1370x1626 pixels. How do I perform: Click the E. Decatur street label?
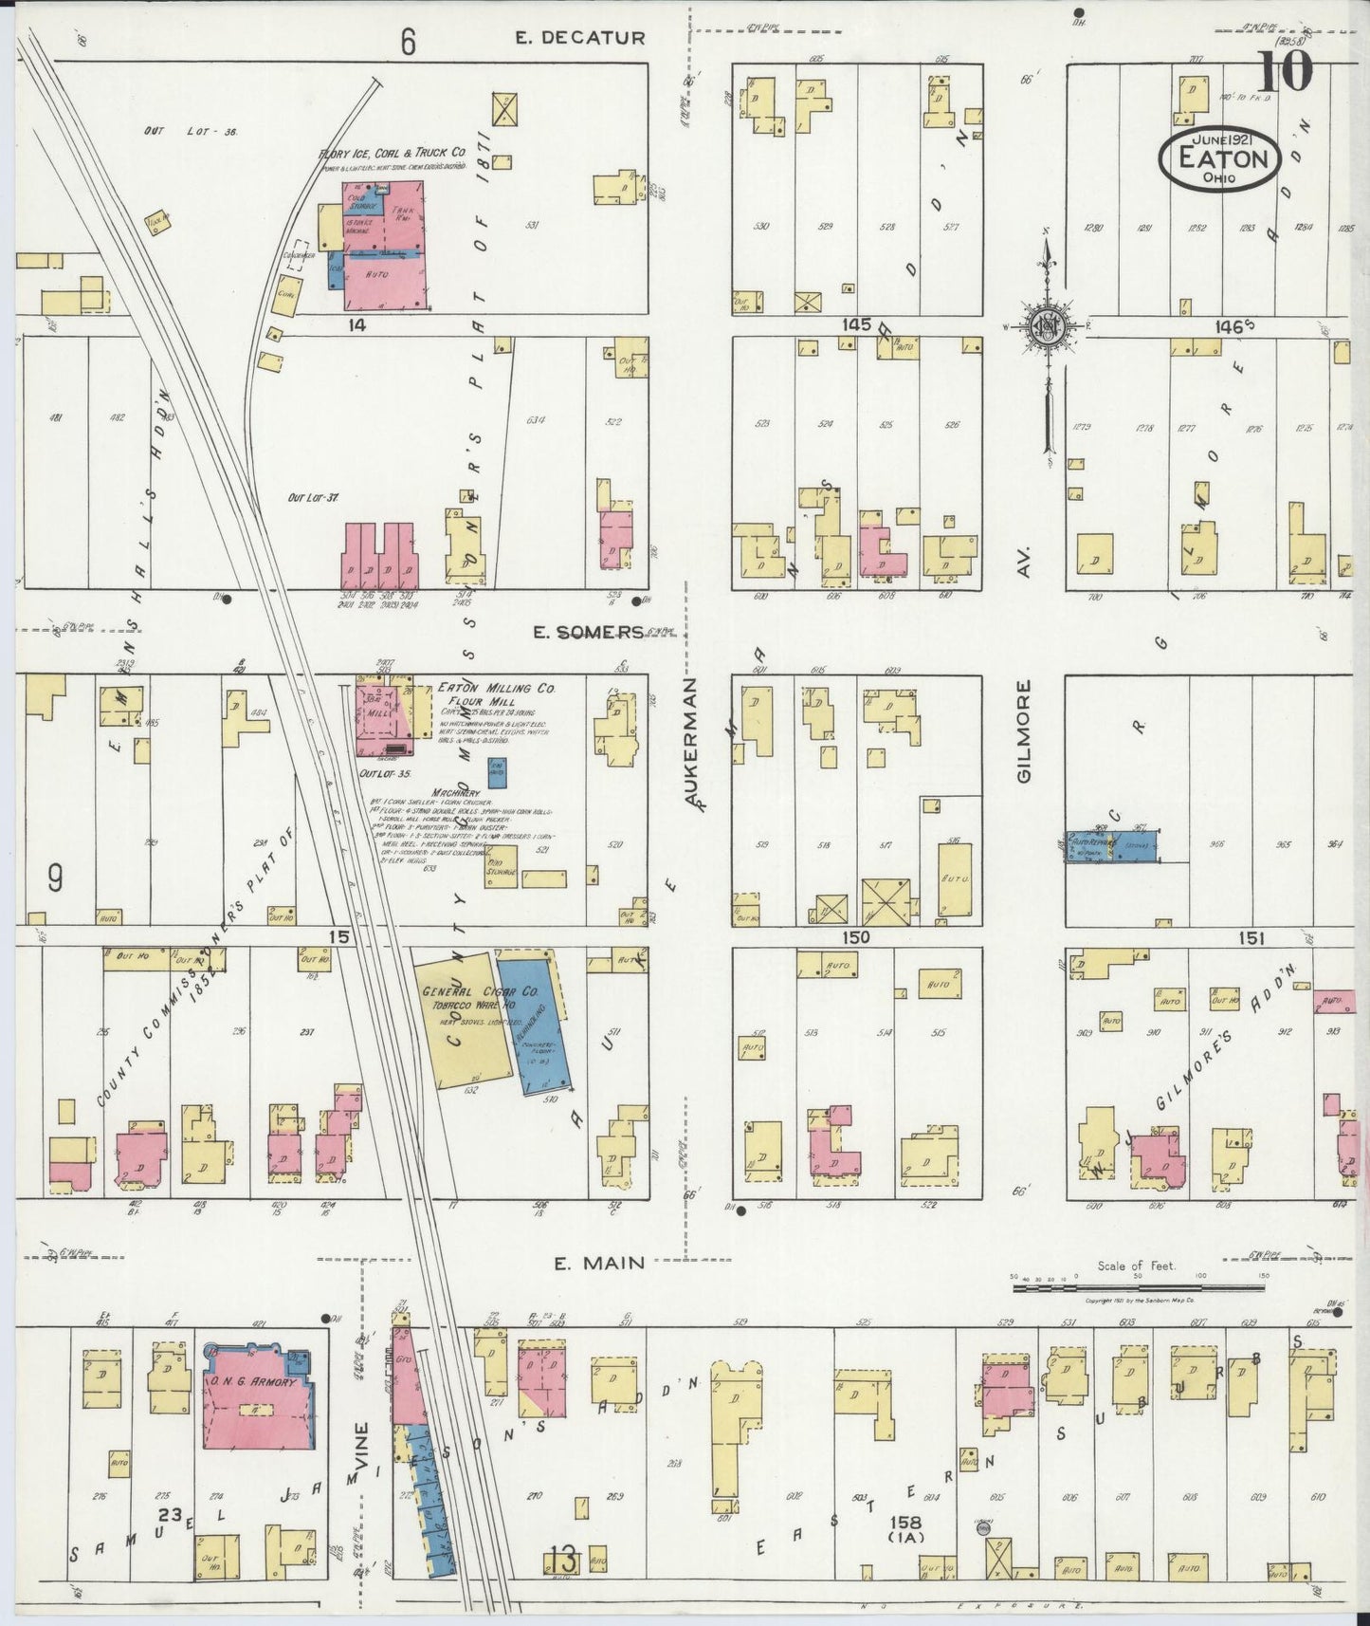click(579, 38)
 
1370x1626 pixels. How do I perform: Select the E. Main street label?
click(599, 1263)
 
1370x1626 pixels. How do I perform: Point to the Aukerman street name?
click(691, 744)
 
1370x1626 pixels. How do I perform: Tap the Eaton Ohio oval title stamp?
click(1221, 158)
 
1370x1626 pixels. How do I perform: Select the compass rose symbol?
click(1048, 324)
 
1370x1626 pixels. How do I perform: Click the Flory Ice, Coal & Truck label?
click(392, 152)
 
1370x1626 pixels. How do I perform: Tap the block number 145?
click(856, 324)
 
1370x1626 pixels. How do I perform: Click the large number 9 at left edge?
click(55, 880)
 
